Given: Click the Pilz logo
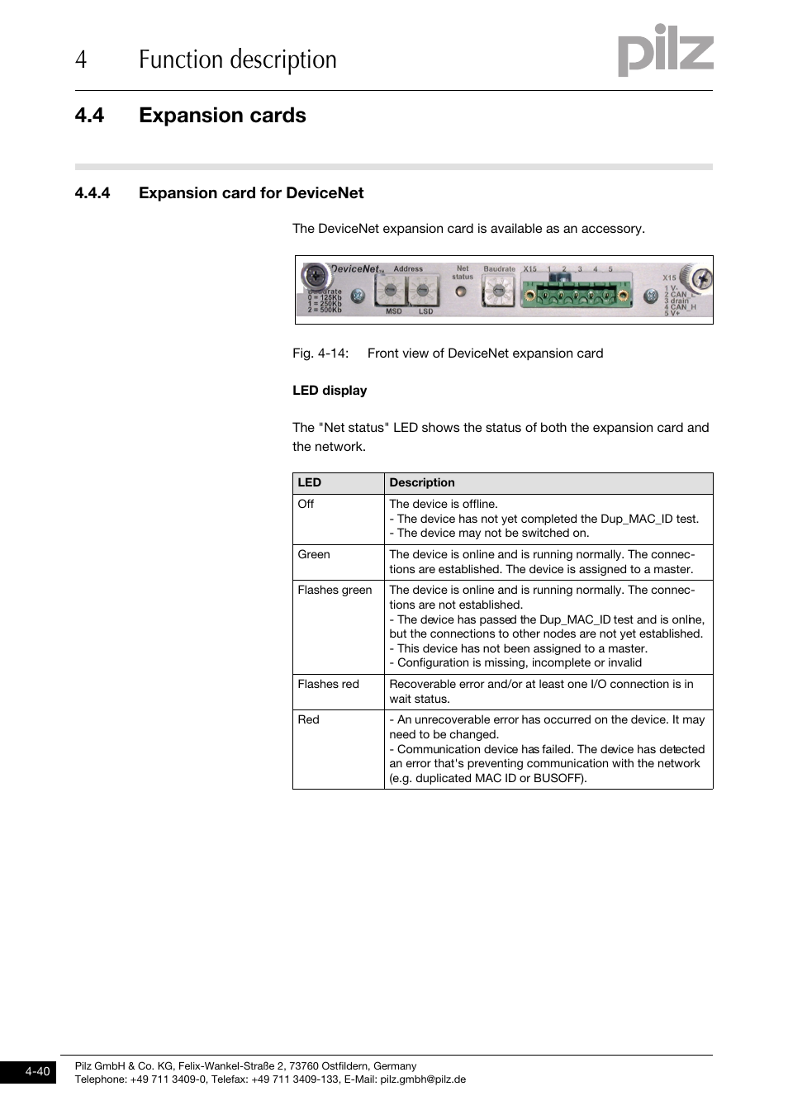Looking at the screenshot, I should pos(665,51).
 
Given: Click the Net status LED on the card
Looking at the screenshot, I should pos(461,292).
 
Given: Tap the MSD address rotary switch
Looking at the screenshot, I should pos(389,291).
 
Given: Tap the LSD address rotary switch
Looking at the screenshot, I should pos(423,291).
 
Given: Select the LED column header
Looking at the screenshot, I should pos(310,483).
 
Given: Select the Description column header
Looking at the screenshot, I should pos(422,483).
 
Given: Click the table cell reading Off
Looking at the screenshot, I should pos(306,505).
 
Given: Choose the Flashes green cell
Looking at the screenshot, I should pos(335,591).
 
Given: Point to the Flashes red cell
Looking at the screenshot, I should pos(328,685).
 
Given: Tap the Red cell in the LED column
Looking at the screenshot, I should pos(308,720).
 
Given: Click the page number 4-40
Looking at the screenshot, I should pos(37,1072).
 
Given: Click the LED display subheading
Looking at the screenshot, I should pos(330,391).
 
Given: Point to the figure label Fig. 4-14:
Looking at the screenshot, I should pos(320,353).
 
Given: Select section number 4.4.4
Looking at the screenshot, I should pos(93,193).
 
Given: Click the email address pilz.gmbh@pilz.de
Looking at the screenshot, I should pos(423,1079).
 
